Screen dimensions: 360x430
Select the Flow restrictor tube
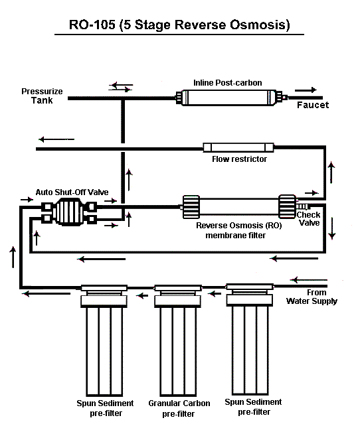238,147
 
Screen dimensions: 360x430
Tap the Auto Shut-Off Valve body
69,212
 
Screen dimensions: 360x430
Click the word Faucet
313,105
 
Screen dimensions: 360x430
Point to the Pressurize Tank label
42,96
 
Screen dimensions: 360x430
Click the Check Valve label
309,218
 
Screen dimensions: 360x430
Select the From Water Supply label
312,297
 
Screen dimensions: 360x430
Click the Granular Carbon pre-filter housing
178,340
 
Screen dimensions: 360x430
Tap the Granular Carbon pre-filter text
179,408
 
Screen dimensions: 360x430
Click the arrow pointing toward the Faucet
306,90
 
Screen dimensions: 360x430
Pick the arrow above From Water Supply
309,280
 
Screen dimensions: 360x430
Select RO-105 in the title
92,25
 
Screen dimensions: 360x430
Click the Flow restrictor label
239,159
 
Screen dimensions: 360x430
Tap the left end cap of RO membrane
191,207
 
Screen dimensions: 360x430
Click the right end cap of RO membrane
288,206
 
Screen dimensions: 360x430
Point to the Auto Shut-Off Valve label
72,192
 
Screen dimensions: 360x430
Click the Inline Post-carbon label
227,83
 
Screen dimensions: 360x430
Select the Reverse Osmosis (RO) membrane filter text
238,230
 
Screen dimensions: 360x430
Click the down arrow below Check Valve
332,228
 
